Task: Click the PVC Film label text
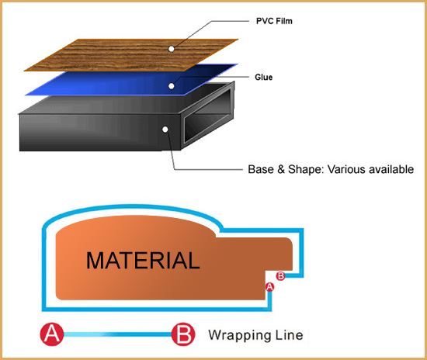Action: pyautogui.click(x=274, y=21)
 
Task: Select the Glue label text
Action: pyautogui.click(x=264, y=77)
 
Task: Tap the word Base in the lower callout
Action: pyautogui.click(x=261, y=169)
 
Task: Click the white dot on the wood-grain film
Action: pyautogui.click(x=172, y=49)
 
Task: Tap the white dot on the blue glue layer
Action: pyautogui.click(x=172, y=86)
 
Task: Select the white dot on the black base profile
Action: pyautogui.click(x=165, y=130)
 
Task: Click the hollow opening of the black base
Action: pyautogui.click(x=208, y=115)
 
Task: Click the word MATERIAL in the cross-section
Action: pyautogui.click(x=143, y=261)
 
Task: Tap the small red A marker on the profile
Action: pyautogui.click(x=269, y=287)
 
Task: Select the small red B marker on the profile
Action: pyautogui.click(x=280, y=276)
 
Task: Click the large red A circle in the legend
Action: pyautogui.click(x=52, y=334)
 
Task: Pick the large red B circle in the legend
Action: pyautogui.click(x=183, y=334)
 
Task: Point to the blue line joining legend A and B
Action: pyautogui.click(x=118, y=334)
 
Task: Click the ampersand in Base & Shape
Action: pyautogui.click(x=281, y=169)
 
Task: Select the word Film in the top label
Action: pyautogui.click(x=283, y=21)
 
